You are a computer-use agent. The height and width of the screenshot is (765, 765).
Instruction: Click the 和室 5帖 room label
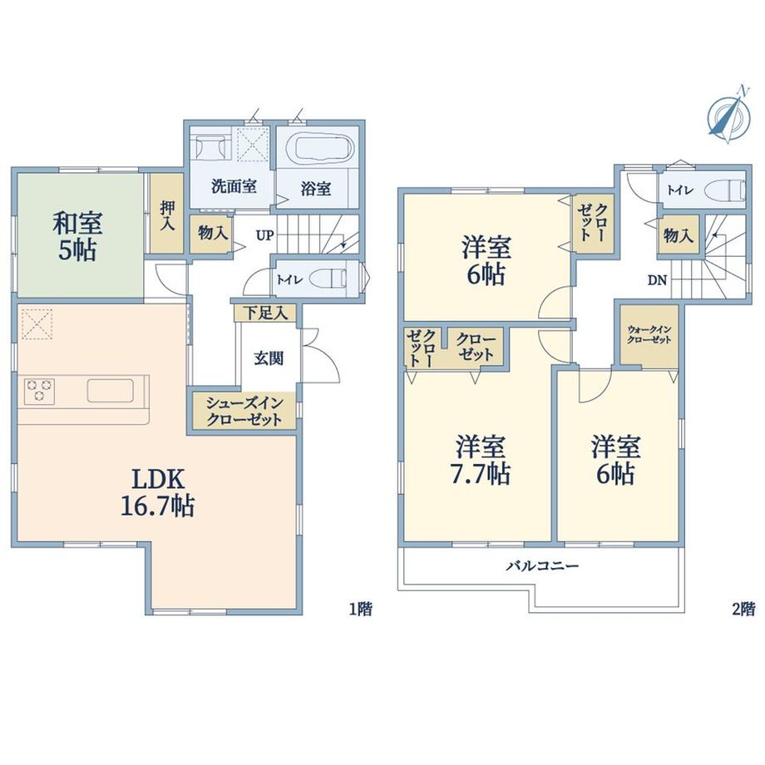tap(78, 237)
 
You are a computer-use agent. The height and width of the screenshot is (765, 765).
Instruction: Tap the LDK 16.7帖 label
tap(158, 493)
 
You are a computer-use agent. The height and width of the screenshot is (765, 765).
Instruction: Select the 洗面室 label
tap(234, 186)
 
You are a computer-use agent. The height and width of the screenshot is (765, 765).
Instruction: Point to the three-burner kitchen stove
tap(39, 391)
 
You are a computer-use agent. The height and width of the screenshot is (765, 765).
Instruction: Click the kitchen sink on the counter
tap(111, 391)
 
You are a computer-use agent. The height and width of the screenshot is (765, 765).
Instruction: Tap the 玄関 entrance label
tap(269, 358)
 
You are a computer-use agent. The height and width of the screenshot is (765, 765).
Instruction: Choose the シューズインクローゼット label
tap(244, 412)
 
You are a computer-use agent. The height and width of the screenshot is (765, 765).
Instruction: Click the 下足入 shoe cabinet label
tap(265, 313)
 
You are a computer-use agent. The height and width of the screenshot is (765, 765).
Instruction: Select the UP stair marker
tap(265, 236)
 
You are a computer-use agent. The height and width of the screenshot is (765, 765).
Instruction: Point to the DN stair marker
tap(657, 280)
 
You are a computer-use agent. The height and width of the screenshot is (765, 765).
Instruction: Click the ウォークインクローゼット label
tap(649, 334)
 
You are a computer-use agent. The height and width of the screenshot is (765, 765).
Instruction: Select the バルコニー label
tap(542, 566)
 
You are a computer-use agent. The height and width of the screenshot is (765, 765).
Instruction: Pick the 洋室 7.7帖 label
tap(481, 460)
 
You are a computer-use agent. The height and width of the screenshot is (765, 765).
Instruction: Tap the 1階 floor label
tap(361, 609)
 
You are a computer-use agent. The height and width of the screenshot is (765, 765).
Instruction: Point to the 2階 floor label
tap(743, 609)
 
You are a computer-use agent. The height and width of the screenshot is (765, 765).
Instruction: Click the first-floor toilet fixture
tap(330, 279)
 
